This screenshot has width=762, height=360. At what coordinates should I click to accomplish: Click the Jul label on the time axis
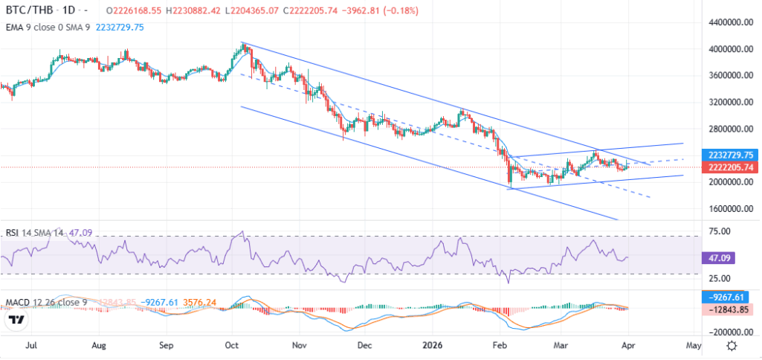pos(31,346)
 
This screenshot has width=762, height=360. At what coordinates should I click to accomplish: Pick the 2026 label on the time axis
pos(432,346)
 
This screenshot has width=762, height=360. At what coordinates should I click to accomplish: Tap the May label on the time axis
pos(693,346)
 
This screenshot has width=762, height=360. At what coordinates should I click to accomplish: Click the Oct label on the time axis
pos(232,346)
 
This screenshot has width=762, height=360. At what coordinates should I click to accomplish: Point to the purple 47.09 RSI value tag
pos(718,258)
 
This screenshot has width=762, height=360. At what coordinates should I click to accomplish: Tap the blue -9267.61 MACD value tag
pos(724,297)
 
